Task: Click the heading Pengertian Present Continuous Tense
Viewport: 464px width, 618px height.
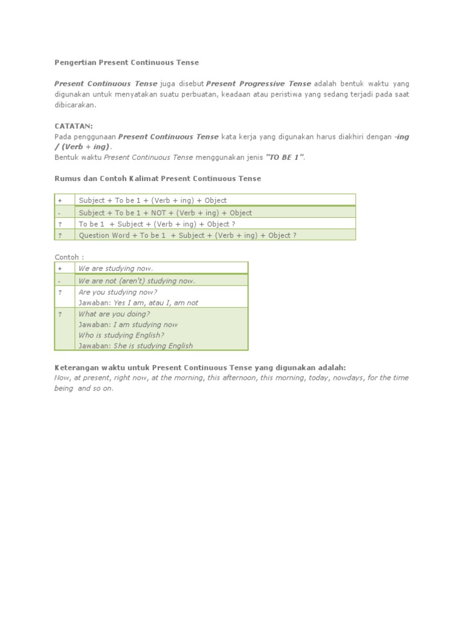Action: tap(126, 62)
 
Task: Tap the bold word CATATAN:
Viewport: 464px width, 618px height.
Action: tap(74, 126)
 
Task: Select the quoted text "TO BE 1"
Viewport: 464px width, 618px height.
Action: tap(284, 158)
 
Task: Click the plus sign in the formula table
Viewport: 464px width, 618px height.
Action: tap(60, 200)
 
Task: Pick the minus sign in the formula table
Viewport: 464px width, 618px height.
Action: tap(60, 212)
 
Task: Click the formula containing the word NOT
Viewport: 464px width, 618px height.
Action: tap(165, 212)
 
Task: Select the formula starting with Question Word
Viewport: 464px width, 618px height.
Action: tap(187, 235)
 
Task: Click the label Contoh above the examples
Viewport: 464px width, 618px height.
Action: tap(69, 257)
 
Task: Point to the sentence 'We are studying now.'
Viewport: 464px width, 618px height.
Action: tap(116, 269)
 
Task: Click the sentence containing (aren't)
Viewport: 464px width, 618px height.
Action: tap(137, 281)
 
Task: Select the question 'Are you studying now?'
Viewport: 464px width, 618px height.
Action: tap(118, 292)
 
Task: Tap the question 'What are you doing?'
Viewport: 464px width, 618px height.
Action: tap(114, 314)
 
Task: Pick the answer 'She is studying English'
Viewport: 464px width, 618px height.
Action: tap(153, 346)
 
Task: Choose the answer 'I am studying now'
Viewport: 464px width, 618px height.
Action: tap(146, 325)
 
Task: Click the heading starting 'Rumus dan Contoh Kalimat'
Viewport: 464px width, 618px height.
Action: tap(158, 179)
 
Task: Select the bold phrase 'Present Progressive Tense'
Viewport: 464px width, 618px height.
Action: tap(259, 84)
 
